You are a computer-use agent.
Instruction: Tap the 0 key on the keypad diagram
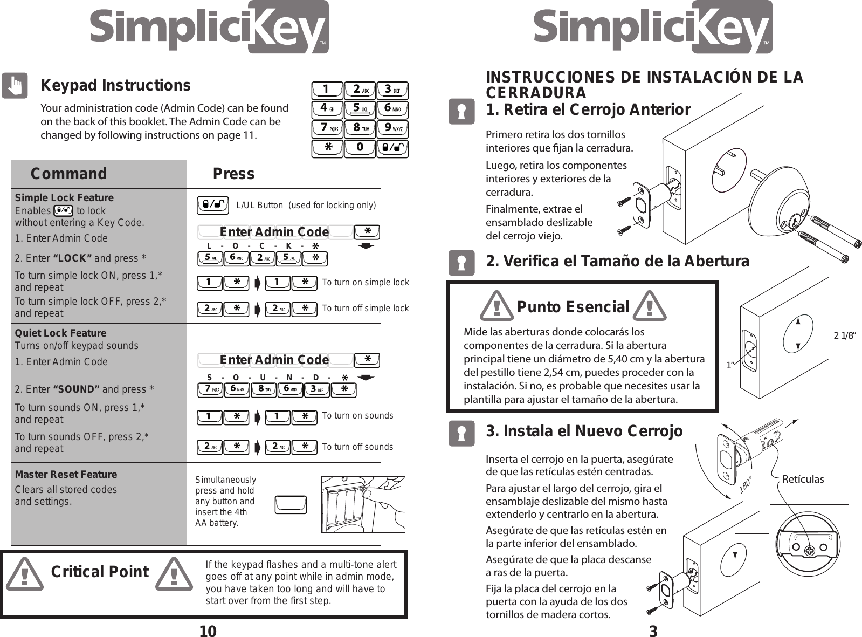(360, 148)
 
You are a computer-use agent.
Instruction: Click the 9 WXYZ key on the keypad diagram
(392, 128)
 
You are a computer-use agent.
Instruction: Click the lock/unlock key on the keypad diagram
(392, 148)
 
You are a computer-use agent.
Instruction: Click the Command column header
(68, 174)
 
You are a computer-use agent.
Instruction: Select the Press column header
(233, 174)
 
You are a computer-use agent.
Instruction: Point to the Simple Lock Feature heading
(64, 197)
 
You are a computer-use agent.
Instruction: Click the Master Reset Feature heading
(66, 474)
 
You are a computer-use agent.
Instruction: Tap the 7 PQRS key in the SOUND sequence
(210, 389)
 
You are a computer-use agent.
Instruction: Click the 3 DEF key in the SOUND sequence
(316, 389)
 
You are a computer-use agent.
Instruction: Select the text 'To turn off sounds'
(357, 447)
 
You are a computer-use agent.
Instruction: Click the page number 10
(208, 631)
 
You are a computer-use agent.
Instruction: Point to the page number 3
(653, 631)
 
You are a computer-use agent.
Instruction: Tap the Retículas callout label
(803, 479)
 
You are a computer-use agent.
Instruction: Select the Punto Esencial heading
(573, 307)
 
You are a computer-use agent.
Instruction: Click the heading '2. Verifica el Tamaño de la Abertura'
(617, 261)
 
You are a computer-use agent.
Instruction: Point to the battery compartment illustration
(363, 504)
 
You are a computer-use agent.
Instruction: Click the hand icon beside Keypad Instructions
(15, 86)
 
